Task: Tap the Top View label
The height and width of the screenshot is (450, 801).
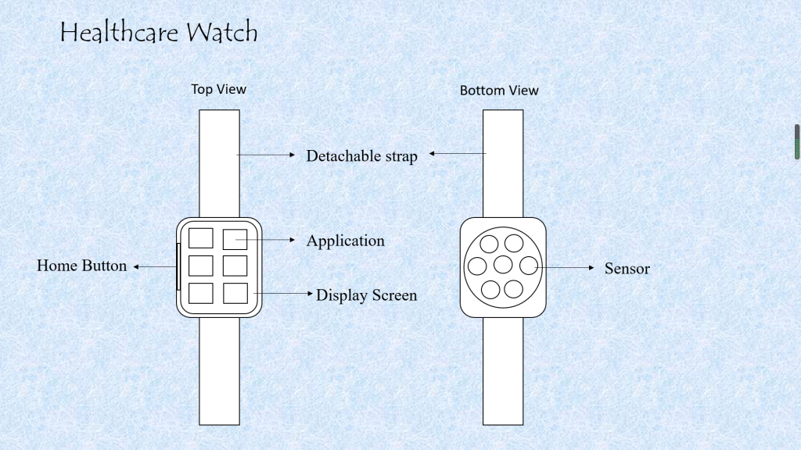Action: click(x=219, y=89)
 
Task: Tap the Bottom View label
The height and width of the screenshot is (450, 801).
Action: click(x=499, y=91)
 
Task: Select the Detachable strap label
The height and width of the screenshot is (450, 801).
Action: click(x=361, y=156)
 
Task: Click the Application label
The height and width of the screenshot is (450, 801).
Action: click(x=345, y=241)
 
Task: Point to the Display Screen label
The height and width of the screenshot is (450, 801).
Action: click(x=366, y=295)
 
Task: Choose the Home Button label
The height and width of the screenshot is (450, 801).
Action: click(x=81, y=266)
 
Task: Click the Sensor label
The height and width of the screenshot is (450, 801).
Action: click(x=627, y=269)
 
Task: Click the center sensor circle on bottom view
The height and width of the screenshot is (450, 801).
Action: click(x=502, y=265)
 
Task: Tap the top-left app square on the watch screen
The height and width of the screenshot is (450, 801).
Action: click(x=201, y=238)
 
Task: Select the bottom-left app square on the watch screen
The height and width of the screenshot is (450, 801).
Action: click(x=201, y=293)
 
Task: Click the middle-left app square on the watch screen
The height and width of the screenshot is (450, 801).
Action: click(x=201, y=266)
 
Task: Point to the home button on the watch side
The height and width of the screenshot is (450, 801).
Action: click(x=178, y=267)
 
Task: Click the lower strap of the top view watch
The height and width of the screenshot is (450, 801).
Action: click(x=219, y=370)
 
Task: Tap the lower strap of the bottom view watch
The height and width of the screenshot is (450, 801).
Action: click(x=503, y=370)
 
